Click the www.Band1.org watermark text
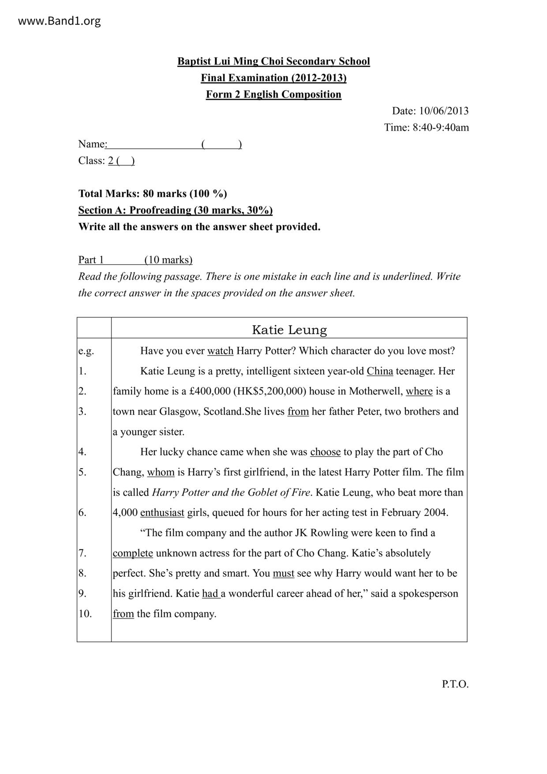pyautogui.click(x=59, y=21)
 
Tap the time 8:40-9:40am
pyautogui.click(x=441, y=128)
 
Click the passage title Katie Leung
pyautogui.click(x=289, y=330)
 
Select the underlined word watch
pyautogui.click(x=220, y=351)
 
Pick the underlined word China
pyautogui.click(x=380, y=371)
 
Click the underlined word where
pyautogui.click(x=419, y=391)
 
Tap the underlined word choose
pyautogui.click(x=325, y=452)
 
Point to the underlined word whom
pyautogui.click(x=161, y=472)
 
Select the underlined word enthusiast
pyautogui.click(x=162, y=513)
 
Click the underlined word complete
pyautogui.click(x=133, y=553)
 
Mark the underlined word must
pyautogui.click(x=283, y=573)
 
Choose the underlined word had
pyautogui.click(x=210, y=594)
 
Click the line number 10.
pyautogui.click(x=85, y=614)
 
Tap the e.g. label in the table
pyautogui.click(x=86, y=351)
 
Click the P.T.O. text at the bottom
pyautogui.click(x=455, y=684)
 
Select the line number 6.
pyautogui.click(x=82, y=513)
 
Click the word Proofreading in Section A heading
pyautogui.click(x=160, y=210)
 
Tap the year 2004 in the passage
pyautogui.click(x=435, y=513)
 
